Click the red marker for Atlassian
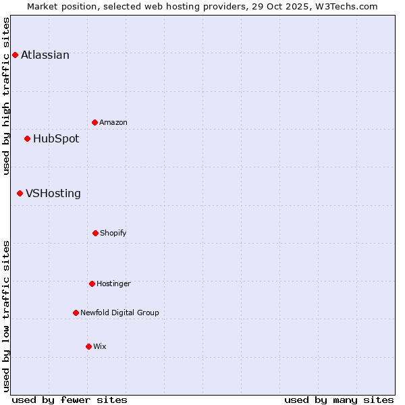click(x=15, y=55)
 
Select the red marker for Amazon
click(x=94, y=122)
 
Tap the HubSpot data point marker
click(x=27, y=138)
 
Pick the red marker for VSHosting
click(x=20, y=193)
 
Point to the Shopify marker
click(x=95, y=233)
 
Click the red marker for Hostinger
click(x=92, y=283)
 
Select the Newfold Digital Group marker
click(x=76, y=313)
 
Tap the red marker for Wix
click(x=88, y=346)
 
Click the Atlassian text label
click(x=45, y=55)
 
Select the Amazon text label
click(x=113, y=123)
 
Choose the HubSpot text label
click(x=56, y=139)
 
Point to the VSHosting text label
click(x=53, y=194)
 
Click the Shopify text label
click(x=113, y=234)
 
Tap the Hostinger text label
click(x=113, y=284)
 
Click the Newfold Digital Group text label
click(x=119, y=313)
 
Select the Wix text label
click(x=100, y=347)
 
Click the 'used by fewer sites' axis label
click(x=70, y=400)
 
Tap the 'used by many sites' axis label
click(x=339, y=400)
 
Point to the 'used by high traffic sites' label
click(x=6, y=96)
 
